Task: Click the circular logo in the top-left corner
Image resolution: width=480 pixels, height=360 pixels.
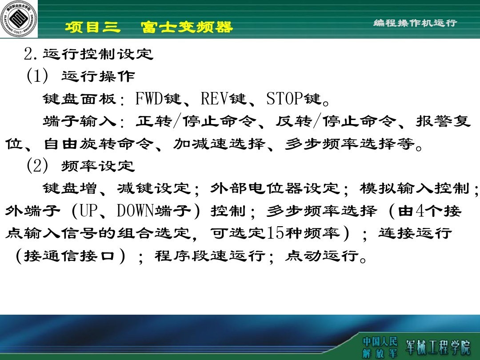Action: pos(19,19)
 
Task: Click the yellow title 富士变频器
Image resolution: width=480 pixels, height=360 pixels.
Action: pos(187,28)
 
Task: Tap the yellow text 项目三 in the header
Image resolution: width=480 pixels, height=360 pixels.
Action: pos(93,28)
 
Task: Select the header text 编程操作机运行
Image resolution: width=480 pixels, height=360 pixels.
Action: pos(415,23)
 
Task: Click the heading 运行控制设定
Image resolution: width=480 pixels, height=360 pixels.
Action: pos(98,55)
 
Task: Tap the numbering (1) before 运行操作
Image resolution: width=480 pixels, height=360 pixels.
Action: pos(37,76)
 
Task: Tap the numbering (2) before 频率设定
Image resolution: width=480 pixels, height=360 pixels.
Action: pos(37,166)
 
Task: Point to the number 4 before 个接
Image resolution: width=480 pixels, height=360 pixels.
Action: pos(420,211)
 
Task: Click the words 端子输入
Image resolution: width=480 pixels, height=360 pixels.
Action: pos(80,121)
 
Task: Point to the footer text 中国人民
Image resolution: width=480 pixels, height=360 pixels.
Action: pos(380,341)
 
